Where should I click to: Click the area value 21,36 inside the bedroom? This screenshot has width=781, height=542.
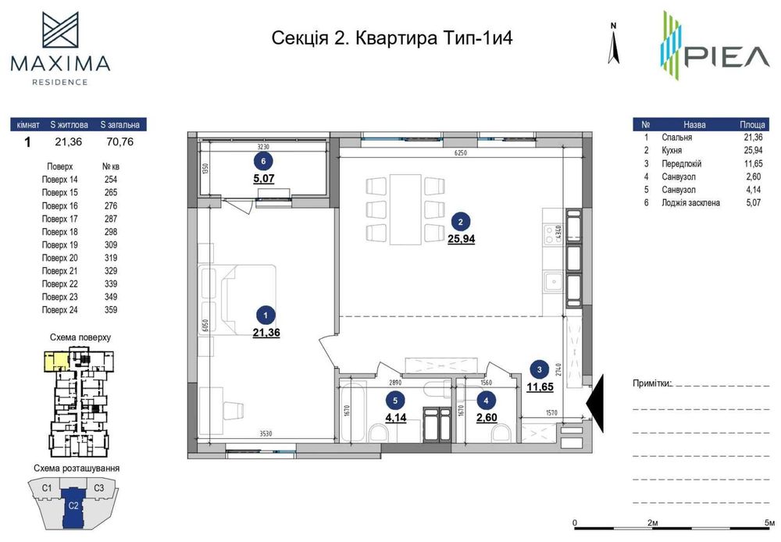click(266, 332)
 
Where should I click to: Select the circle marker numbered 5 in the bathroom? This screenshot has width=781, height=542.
click(396, 401)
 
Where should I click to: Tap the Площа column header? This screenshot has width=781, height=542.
click(752, 124)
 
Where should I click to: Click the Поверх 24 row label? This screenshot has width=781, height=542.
click(60, 310)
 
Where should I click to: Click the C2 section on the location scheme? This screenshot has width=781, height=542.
click(72, 505)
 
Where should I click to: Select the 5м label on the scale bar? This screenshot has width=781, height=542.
click(769, 522)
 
